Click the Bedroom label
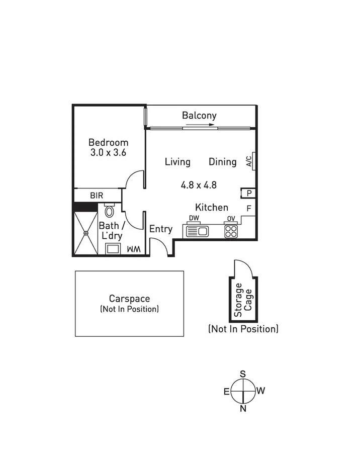pos(108,142)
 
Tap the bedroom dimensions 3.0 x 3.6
pos(108,153)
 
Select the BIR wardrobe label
pos(97,195)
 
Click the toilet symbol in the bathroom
pos(109,211)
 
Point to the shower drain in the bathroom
pos(86,233)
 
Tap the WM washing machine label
pos(133,249)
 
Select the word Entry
pos(161,229)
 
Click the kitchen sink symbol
pos(198,231)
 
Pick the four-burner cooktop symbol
pos(230,231)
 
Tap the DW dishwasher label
pos(194,218)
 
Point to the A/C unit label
pos(248,161)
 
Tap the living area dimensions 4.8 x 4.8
pos(199,185)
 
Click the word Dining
pos(222,162)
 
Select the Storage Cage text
pos(243,300)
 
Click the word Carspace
pos(130,299)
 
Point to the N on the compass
pos(243,408)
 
